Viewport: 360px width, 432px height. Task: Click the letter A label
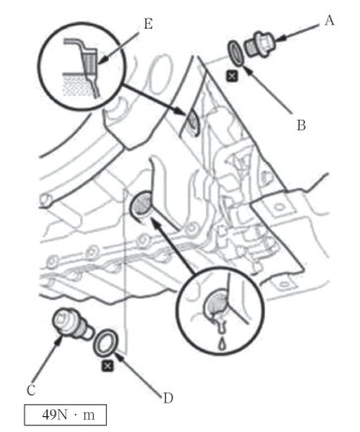point(329,21)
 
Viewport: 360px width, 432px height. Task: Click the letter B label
point(301,126)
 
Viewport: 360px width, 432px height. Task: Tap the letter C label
point(31,390)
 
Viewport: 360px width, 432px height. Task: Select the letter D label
point(168,398)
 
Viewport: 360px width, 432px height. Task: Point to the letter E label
point(148,24)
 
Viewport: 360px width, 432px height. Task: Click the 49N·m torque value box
point(65,415)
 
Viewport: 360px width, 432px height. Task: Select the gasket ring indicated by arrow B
point(236,52)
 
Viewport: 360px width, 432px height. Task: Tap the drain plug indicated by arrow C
point(72,324)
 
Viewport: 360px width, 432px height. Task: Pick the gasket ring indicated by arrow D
point(104,342)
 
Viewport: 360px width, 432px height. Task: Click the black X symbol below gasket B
point(232,76)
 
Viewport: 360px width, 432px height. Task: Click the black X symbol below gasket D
point(107,366)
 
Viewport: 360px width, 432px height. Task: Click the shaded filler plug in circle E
point(90,61)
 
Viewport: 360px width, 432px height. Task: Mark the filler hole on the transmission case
point(191,122)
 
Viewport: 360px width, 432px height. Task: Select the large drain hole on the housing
point(141,205)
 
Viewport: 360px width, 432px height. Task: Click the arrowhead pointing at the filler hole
point(181,112)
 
